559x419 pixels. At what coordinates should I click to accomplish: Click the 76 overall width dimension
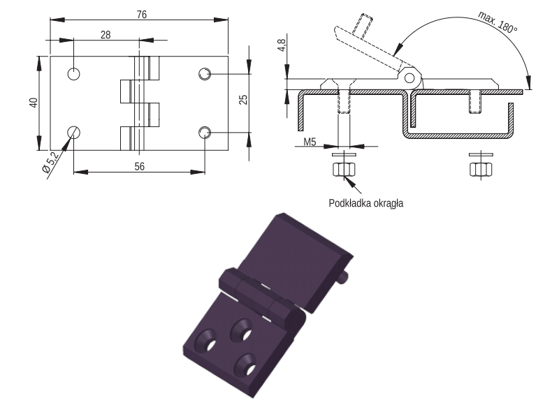coord(142,15)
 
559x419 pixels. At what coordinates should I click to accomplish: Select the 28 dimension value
coord(106,35)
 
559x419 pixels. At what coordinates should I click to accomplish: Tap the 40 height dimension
coord(34,103)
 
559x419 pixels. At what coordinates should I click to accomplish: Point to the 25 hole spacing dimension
coord(243,99)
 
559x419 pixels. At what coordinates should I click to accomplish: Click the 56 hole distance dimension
coord(139,166)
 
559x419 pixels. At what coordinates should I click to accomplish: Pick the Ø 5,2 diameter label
coord(50,162)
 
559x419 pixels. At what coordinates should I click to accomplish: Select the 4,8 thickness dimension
coord(282,45)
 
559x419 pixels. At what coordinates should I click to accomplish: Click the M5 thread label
coord(310,142)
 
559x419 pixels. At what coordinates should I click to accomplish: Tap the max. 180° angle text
coord(498,22)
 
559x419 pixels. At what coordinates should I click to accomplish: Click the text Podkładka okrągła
coord(365,203)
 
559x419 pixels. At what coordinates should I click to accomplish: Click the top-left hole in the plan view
coord(74,74)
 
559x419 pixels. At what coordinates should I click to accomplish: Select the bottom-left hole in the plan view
coord(74,133)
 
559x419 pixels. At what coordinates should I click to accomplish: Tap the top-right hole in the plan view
coord(205,74)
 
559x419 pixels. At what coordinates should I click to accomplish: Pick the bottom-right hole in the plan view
coord(205,133)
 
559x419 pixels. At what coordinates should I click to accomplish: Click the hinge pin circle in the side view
coord(409,78)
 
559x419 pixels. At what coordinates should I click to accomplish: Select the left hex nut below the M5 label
coord(344,169)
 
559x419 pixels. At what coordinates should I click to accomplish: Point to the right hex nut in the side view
coord(481,169)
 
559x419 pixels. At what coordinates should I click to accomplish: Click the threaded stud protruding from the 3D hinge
coord(343,278)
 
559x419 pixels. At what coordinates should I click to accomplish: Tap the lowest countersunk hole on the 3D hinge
coord(246,365)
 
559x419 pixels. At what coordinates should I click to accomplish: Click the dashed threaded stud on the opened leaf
coord(363,26)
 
